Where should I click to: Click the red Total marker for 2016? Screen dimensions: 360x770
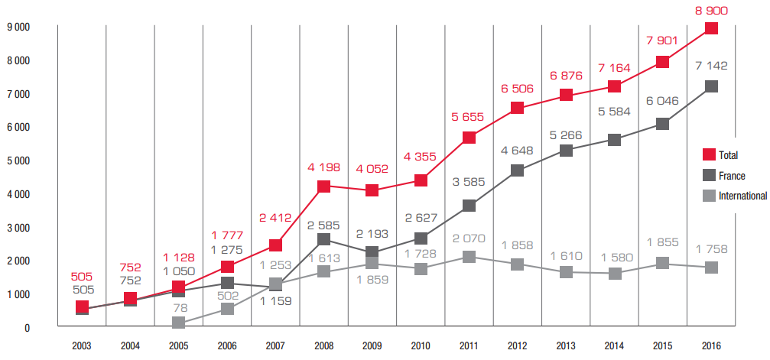tap(711, 28)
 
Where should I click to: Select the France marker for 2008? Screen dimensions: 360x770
tap(324, 239)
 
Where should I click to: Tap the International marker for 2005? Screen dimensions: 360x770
tap(178, 323)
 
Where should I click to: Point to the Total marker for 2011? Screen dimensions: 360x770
tap(469, 138)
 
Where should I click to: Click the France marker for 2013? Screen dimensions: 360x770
tap(567, 151)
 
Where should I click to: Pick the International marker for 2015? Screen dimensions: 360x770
tap(663, 264)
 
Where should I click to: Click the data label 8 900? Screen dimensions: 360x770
tap(711, 11)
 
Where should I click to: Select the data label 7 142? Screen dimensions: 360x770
tap(711, 67)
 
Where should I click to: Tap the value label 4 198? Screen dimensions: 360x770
tap(324, 167)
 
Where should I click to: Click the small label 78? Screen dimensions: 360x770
tap(178, 307)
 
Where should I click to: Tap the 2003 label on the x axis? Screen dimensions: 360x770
tap(82, 345)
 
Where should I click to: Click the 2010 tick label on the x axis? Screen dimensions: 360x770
tap(421, 345)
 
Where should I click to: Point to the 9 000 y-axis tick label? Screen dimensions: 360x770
tap(18, 28)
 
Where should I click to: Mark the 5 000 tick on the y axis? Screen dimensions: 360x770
tap(18, 161)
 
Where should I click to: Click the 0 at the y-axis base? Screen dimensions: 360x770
tap(27, 328)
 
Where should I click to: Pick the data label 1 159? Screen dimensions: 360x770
tap(275, 302)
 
